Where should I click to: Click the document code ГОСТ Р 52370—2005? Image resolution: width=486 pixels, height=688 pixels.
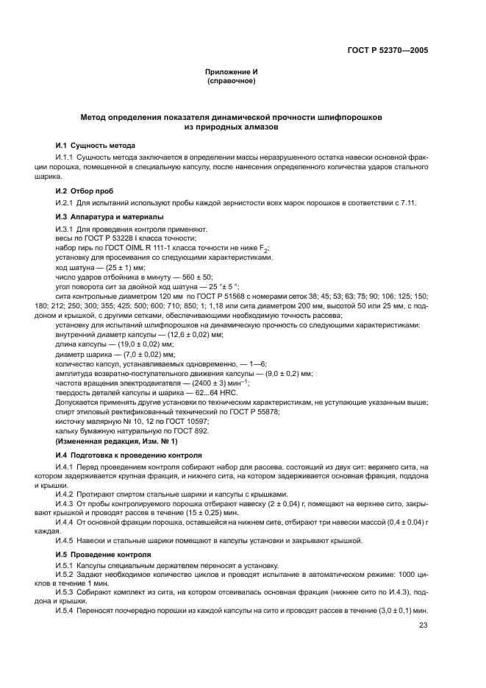388,51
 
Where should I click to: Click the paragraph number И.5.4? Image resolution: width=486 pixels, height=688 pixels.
65,611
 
